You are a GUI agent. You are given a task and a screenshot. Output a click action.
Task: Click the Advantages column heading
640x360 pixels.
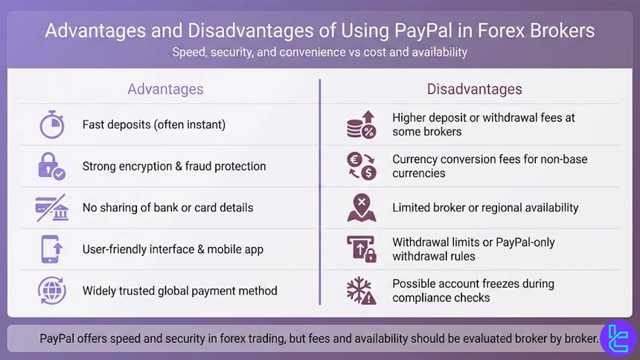pos(165,89)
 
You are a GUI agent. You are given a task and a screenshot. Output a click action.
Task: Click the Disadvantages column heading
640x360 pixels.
pos(474,89)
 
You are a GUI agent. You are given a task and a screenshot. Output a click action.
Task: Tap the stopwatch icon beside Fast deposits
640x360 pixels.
pos(51,124)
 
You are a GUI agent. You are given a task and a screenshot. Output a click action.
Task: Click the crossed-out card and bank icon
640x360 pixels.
pos(51,208)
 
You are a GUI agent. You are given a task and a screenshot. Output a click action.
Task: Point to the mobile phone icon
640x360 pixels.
pos(51,249)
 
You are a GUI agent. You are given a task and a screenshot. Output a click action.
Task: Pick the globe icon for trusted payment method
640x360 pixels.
pos(51,290)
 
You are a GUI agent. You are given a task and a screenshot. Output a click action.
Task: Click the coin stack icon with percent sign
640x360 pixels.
pos(362,124)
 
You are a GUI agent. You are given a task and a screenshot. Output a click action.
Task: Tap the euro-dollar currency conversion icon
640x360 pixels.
pos(362,166)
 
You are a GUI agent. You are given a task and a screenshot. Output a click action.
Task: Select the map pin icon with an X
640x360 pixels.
pos(362,208)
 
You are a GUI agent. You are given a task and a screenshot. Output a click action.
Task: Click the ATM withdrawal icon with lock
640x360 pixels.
pos(362,249)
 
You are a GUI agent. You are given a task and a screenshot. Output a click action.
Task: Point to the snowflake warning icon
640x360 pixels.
pos(362,290)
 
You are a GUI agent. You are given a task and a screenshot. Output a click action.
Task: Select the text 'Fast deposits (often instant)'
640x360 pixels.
pos(154,124)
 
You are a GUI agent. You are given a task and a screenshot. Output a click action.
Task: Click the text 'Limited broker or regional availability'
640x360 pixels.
pos(485,208)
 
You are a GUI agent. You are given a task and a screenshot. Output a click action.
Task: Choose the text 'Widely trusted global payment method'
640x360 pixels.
pos(179,290)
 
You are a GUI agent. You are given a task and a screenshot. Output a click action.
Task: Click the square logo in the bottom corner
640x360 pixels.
pos(618,338)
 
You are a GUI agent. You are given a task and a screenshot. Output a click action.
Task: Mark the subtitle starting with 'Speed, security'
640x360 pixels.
pos(319,53)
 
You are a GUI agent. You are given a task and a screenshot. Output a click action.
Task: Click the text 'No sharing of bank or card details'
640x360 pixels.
pos(167,208)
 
